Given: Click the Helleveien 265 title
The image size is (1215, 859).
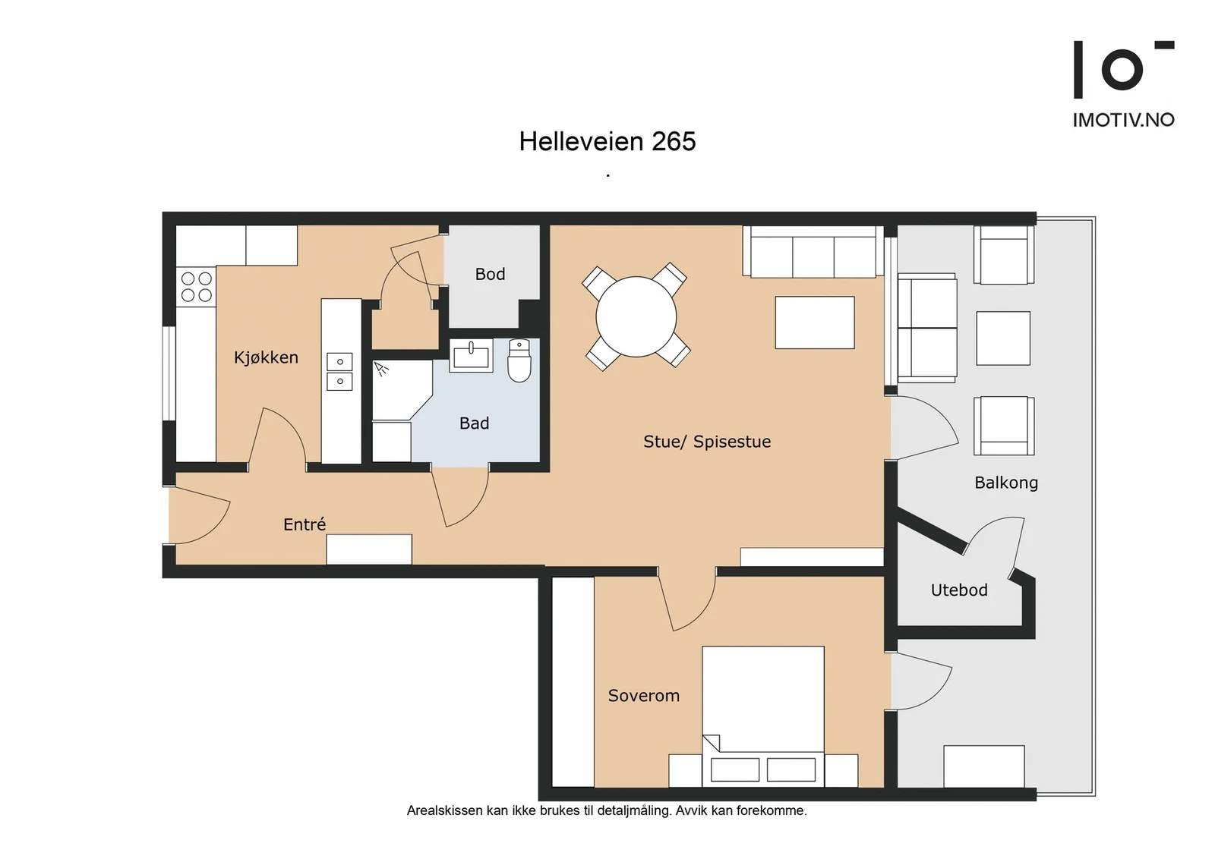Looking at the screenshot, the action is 607,141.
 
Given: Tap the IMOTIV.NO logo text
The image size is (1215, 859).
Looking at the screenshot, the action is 1123,120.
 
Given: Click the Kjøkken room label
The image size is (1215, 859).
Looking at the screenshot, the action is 266,357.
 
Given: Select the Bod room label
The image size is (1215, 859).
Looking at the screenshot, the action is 490,274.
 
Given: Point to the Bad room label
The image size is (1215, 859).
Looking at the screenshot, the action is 474,423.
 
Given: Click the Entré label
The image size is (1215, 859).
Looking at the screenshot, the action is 305,524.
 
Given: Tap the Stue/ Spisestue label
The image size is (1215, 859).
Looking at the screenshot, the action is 707,442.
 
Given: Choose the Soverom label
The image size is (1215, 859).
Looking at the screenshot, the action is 643,696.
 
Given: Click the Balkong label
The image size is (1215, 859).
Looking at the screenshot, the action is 1006,483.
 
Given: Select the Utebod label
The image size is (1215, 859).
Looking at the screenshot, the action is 959,590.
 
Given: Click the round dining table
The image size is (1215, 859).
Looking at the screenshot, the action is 636,317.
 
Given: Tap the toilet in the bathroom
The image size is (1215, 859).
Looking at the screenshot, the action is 519,360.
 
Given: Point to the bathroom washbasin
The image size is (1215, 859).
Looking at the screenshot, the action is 471,356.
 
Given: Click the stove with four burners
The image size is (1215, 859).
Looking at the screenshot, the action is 196,287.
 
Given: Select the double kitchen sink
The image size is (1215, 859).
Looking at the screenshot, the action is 339,371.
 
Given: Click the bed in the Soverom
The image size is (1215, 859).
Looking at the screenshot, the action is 763,716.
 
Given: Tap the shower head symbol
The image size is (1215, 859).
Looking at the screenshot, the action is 381,369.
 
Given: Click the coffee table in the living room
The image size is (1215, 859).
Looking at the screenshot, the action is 815,323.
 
